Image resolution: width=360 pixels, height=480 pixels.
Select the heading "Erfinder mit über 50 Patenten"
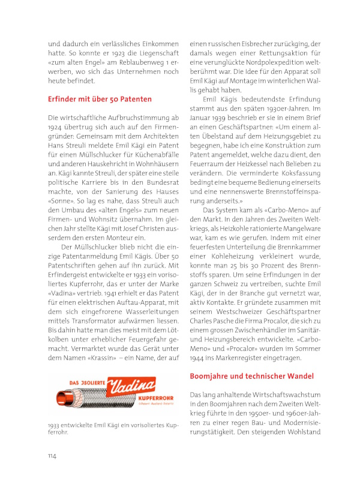(x=100, y=98)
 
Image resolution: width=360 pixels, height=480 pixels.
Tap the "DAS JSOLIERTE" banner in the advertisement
(x=80, y=383)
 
